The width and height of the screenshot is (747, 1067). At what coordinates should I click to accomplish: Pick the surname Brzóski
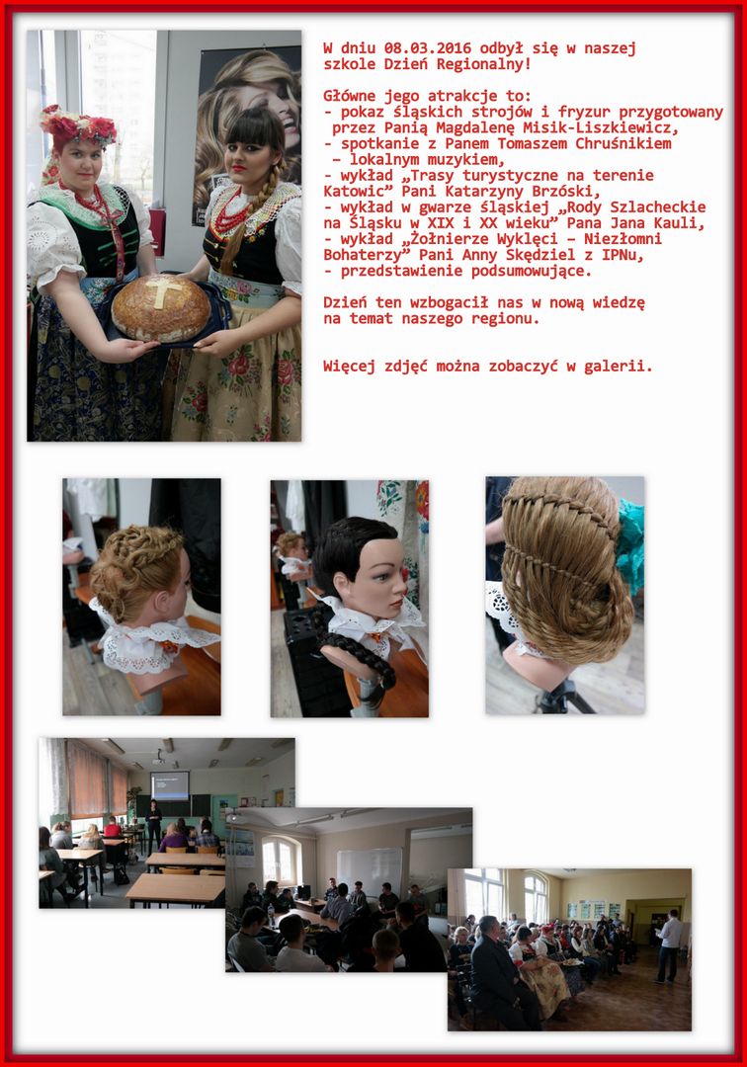(563, 192)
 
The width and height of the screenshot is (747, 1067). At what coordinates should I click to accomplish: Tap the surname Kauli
(683, 223)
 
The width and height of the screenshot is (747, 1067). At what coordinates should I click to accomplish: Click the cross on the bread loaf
(162, 291)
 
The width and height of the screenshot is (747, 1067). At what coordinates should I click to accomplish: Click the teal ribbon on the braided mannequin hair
(630, 546)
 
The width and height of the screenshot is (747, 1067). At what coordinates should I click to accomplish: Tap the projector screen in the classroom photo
(170, 784)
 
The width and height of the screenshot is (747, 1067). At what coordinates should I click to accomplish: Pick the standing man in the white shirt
(669, 945)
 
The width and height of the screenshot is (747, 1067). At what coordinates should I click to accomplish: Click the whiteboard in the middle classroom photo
(371, 871)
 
